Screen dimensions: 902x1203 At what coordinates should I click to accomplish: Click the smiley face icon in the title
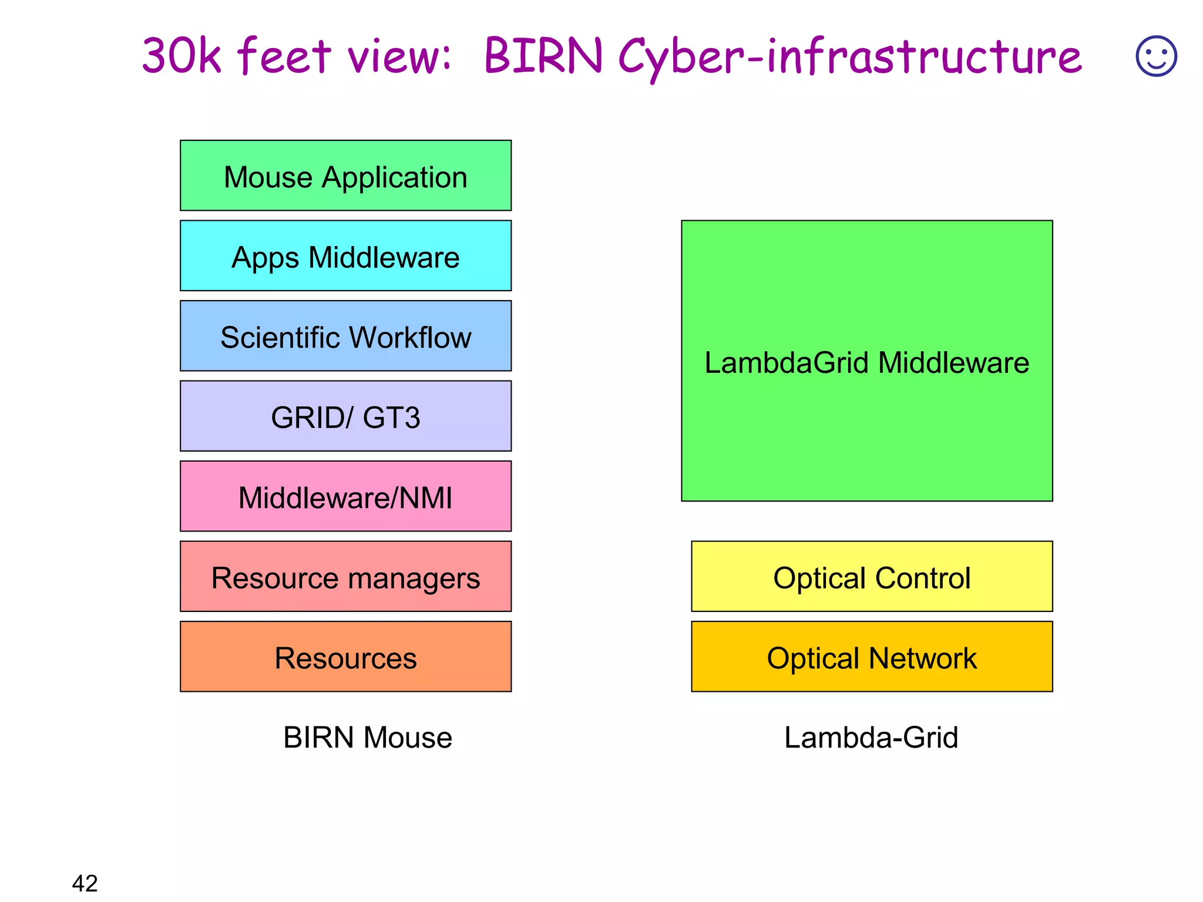point(1156,56)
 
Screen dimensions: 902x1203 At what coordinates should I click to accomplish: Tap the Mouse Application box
point(345,176)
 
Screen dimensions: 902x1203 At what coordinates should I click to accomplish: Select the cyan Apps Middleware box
point(345,256)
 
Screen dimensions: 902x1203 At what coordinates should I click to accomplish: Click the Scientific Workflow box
point(345,336)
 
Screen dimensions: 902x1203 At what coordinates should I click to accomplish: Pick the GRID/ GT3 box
point(345,416)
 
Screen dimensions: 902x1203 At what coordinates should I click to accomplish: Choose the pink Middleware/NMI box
point(345,497)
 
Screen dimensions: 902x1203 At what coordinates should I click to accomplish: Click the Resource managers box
point(345,577)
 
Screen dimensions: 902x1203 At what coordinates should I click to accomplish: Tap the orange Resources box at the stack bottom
point(345,657)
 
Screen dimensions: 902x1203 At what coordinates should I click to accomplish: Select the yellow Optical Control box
point(872,577)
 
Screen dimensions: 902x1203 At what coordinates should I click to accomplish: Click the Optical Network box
point(872,657)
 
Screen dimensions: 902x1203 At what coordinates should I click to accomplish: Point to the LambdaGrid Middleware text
point(866,362)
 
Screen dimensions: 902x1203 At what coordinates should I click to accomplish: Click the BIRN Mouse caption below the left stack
point(368,737)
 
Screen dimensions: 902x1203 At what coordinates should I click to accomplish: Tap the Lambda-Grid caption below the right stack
point(871,737)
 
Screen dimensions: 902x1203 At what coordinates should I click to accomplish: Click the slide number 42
point(85,883)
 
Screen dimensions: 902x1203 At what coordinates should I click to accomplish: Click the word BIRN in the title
point(543,56)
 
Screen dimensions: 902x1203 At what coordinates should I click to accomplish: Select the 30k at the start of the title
point(182,56)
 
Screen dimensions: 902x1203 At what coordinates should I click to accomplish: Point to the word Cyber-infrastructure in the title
point(849,57)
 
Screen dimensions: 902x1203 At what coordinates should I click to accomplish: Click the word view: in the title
point(399,57)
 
